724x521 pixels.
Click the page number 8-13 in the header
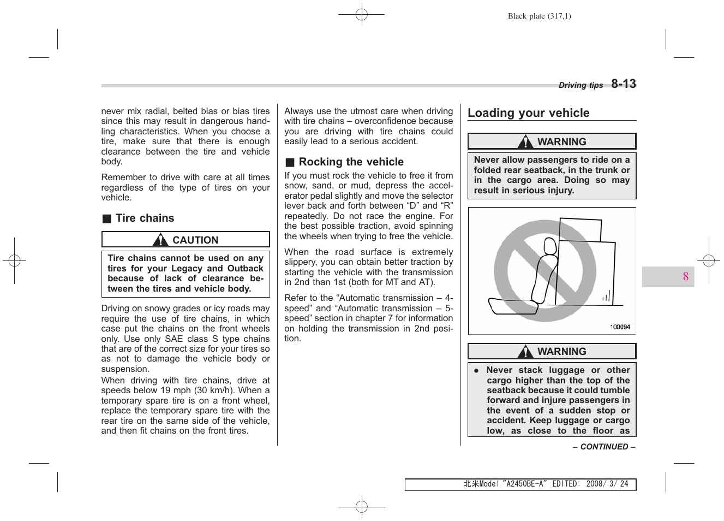tap(623, 84)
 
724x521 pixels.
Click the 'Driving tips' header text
tap(581, 85)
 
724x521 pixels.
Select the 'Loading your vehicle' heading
tap(528, 113)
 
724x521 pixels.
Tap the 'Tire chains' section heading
tap(145, 218)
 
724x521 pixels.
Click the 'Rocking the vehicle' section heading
tap(351, 162)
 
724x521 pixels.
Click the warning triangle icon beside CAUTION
tap(160, 240)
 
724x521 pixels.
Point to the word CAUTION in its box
tap(195, 240)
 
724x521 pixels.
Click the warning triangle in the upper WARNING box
tap(525, 142)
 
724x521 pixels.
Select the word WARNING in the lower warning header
tap(561, 352)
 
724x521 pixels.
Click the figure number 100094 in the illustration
tap(620, 327)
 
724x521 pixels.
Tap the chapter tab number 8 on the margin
tap(685, 277)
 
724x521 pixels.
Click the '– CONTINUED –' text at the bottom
tap(603, 447)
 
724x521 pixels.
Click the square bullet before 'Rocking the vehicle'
tap(290, 162)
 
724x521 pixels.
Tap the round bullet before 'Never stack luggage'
tap(476, 370)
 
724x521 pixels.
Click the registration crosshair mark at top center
tap(361, 15)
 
